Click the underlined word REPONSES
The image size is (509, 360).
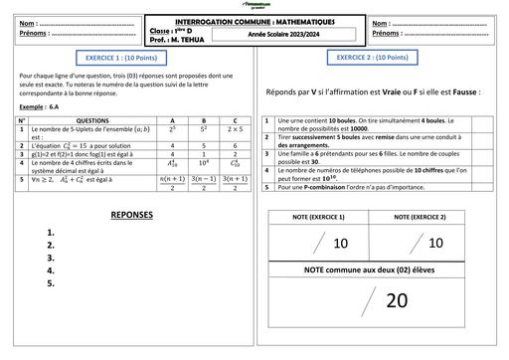pos(132,215)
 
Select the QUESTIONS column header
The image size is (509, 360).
pos(92,120)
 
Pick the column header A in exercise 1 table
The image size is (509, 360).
pos(174,120)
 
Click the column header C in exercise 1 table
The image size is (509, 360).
pos(235,120)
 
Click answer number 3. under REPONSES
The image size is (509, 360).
pos(51,257)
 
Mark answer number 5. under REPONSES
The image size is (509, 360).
pos(51,282)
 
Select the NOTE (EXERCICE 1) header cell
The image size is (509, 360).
pos(317,217)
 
